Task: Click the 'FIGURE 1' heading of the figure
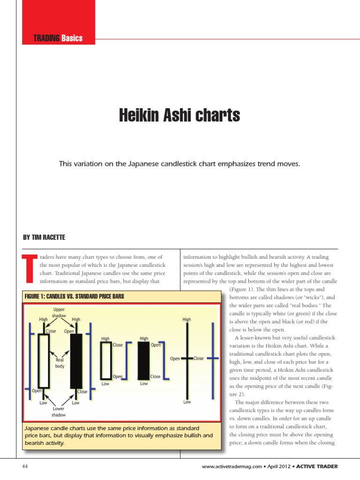coord(39,296)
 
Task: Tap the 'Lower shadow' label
coord(59,412)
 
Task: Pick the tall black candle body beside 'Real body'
coord(75,361)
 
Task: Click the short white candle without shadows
coord(105,360)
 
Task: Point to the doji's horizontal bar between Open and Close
coord(187,358)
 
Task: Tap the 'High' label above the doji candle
coord(187,320)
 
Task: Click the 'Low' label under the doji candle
coord(187,402)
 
